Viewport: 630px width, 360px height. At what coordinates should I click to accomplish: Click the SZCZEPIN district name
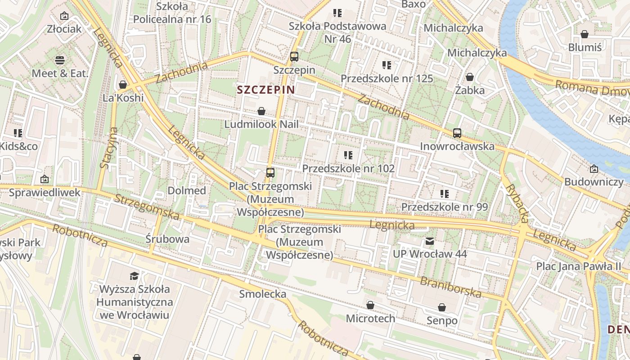click(265, 90)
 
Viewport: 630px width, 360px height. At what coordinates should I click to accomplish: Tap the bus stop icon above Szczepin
click(294, 57)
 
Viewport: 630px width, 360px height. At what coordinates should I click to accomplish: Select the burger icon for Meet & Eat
click(60, 60)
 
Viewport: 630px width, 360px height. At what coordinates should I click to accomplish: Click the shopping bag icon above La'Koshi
click(122, 85)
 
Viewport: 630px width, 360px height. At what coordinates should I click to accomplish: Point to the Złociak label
click(64, 29)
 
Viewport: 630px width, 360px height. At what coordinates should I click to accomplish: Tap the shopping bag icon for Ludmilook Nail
click(261, 111)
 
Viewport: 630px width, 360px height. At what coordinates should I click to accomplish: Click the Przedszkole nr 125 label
click(387, 78)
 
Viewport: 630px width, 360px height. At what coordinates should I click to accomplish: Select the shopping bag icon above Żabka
click(470, 77)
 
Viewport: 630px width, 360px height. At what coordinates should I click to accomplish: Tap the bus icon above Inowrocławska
click(457, 133)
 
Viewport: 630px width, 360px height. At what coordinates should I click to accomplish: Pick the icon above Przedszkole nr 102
click(348, 155)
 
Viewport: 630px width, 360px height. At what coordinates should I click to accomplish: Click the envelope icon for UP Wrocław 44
click(430, 241)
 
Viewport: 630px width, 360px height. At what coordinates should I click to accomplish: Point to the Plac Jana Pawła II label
click(578, 266)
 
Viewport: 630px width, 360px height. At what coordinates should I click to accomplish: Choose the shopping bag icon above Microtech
click(370, 306)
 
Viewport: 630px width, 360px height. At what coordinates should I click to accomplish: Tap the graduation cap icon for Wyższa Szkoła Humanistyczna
click(134, 275)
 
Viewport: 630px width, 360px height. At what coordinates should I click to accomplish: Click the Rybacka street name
click(517, 203)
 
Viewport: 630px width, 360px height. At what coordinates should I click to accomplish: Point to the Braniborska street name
click(450, 288)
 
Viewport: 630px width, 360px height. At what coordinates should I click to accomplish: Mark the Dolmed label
click(187, 190)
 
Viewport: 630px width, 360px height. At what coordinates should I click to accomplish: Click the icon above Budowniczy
click(594, 169)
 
